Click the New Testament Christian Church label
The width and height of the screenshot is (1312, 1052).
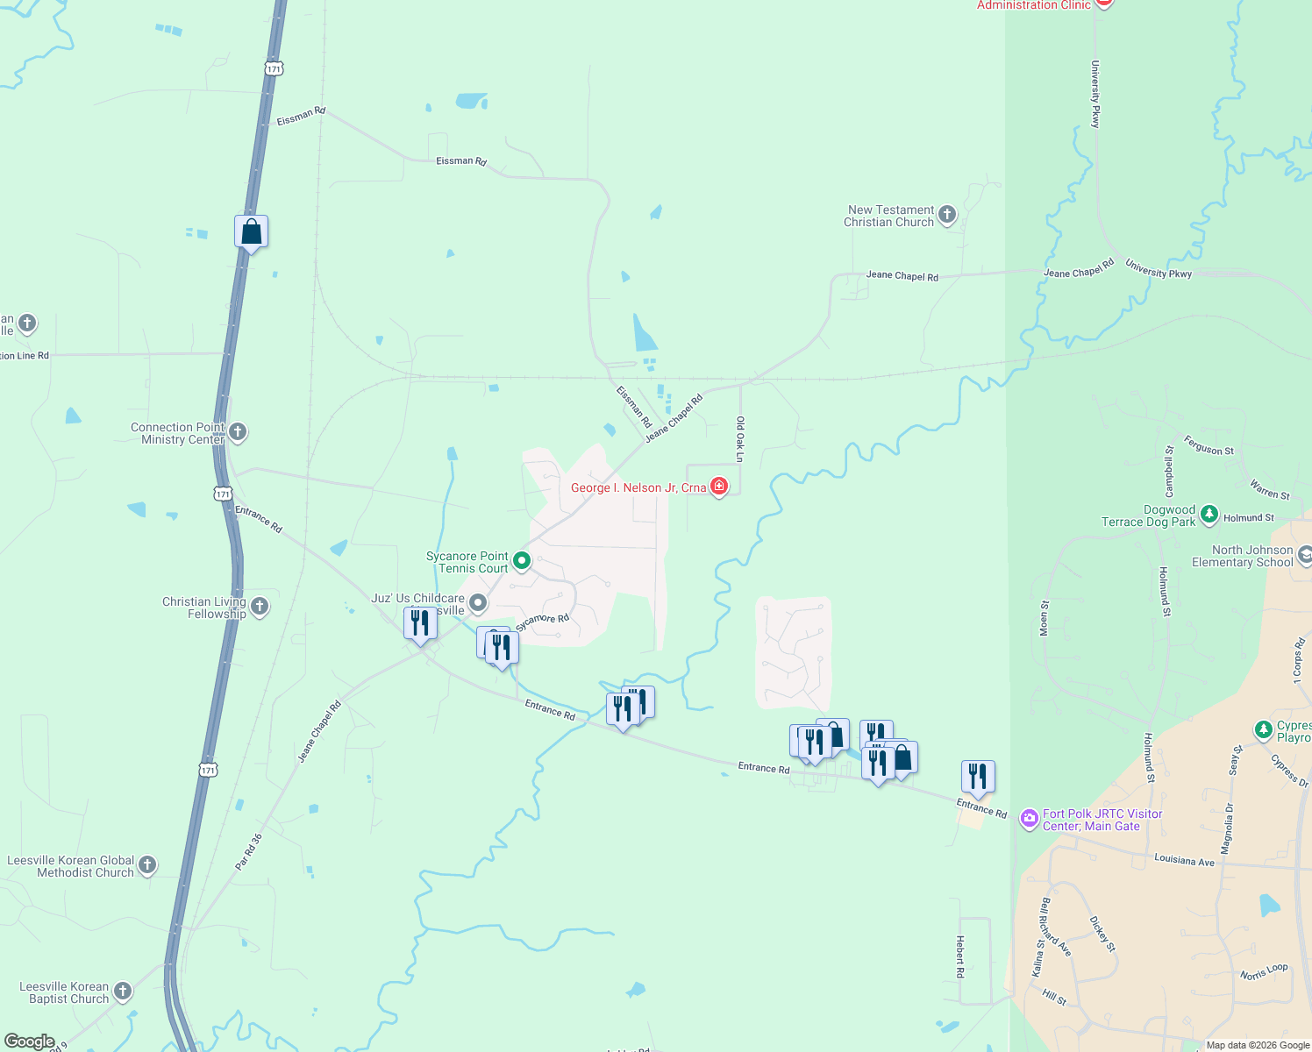click(x=889, y=217)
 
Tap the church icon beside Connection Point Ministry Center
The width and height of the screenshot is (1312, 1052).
click(x=238, y=432)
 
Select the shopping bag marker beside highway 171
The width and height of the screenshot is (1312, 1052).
click(x=251, y=232)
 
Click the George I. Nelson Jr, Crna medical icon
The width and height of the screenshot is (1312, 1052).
click(x=719, y=487)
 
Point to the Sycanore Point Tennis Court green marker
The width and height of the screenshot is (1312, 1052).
click(x=522, y=560)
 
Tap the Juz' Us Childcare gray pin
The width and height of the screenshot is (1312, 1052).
click(x=478, y=602)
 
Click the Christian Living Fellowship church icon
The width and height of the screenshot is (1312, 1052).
click(x=260, y=606)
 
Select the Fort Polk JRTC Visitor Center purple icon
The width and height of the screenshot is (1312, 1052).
click(x=1029, y=819)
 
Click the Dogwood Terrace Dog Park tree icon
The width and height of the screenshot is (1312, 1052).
click(x=1209, y=515)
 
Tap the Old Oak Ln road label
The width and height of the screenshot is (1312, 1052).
click(x=740, y=439)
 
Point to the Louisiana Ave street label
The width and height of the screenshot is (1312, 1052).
click(x=1184, y=861)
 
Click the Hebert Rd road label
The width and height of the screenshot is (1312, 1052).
click(x=960, y=956)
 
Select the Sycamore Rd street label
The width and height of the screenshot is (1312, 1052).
click(x=542, y=622)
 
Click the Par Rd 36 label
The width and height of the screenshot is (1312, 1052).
click(x=248, y=852)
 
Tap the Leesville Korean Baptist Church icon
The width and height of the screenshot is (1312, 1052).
click(x=123, y=992)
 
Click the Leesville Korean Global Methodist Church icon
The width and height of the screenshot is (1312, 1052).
click(x=147, y=865)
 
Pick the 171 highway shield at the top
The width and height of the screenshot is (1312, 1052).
click(x=275, y=68)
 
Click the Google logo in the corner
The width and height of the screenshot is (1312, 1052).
click(x=30, y=1041)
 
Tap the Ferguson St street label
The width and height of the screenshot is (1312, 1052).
click(x=1209, y=446)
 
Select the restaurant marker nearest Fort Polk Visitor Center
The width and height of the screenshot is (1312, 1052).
click(x=978, y=777)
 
